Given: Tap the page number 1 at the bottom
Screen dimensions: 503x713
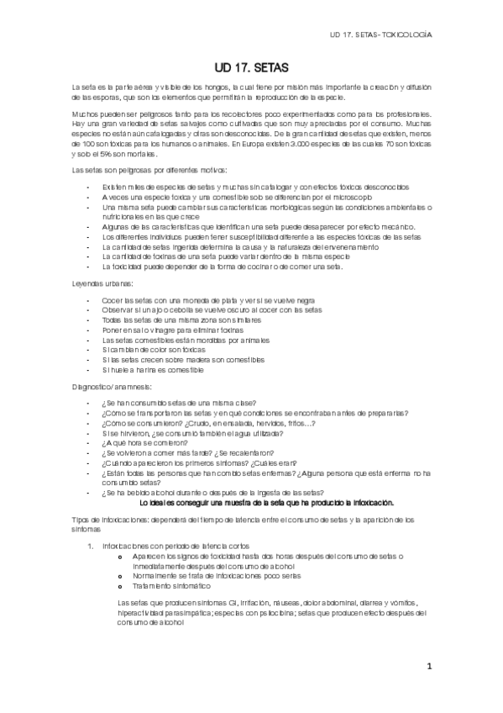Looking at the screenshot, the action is point(428,668).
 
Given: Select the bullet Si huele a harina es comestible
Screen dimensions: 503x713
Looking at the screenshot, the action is point(152,369).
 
